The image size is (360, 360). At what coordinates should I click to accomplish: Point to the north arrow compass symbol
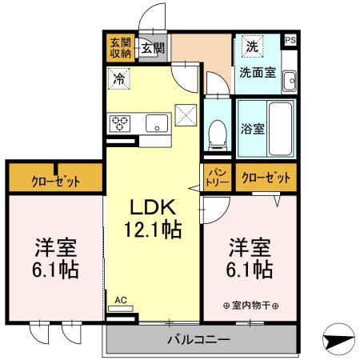[340, 340]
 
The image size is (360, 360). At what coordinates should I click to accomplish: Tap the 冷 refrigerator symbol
[118, 79]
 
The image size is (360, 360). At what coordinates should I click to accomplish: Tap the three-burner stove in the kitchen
[121, 123]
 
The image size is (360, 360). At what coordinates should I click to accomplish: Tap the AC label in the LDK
[121, 300]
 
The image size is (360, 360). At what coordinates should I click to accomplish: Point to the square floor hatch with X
[186, 116]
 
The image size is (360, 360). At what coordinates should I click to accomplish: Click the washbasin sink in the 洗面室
[289, 80]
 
